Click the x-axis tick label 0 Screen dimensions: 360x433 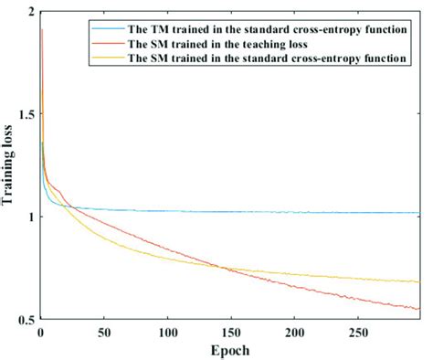coord(40,330)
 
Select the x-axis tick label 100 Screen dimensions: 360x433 coord(167,330)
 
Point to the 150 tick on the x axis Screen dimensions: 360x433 coord(230,330)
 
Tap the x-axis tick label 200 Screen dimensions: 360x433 coord(294,330)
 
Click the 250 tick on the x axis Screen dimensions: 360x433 coord(357,330)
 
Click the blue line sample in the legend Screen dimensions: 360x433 coord(102,28)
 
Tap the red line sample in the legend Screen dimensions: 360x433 coord(102,43)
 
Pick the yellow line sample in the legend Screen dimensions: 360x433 coord(102,58)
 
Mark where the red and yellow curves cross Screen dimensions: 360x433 coord(222,267)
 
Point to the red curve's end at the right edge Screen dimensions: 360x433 coord(419,309)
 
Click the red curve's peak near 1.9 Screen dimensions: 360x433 coord(41,30)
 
